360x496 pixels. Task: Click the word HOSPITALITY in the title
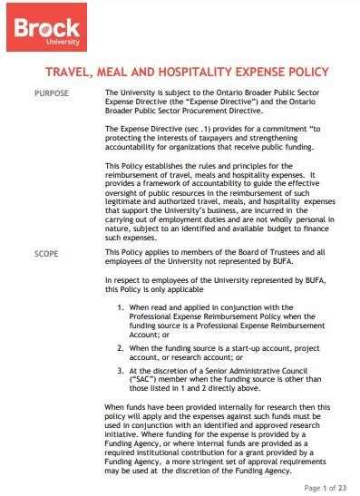click(207, 72)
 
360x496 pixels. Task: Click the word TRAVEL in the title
click(72, 72)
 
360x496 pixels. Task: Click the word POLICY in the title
click(305, 72)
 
